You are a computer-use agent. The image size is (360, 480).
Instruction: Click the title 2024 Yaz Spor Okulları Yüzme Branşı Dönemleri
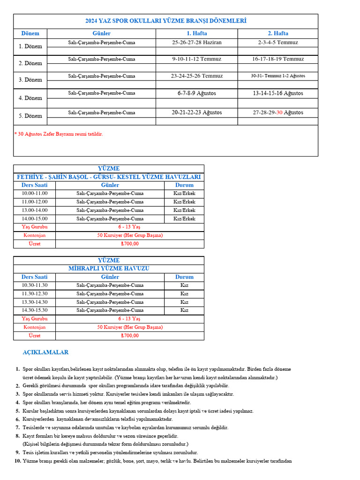click(x=165, y=21)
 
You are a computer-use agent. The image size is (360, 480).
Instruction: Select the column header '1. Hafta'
click(x=196, y=33)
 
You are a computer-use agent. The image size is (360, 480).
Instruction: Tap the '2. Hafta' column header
click(x=277, y=33)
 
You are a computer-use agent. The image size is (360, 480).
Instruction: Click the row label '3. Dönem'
click(x=30, y=80)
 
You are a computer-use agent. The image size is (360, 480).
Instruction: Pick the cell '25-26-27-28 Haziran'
click(x=196, y=42)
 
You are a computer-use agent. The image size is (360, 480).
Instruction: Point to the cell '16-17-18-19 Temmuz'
click(x=277, y=59)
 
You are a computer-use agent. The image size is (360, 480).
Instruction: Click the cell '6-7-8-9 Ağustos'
click(x=196, y=93)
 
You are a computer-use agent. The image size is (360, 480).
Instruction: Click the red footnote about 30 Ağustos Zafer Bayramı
click(x=59, y=134)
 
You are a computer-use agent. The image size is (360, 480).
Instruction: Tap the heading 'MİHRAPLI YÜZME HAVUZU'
click(x=109, y=269)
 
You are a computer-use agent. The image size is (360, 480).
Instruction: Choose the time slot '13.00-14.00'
click(x=34, y=210)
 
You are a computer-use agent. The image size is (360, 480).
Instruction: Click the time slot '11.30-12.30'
click(x=34, y=294)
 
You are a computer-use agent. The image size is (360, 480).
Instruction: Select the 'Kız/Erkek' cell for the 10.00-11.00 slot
click(x=184, y=194)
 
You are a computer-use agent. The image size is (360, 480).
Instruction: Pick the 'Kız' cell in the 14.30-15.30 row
click(x=184, y=310)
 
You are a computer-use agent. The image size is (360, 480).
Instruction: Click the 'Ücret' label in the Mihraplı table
click(x=34, y=336)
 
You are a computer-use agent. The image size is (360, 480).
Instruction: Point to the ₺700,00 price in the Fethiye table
click(x=130, y=244)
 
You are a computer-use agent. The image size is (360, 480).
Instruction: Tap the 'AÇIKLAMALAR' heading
click(x=45, y=352)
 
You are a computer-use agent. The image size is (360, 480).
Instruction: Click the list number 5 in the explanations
click(x=18, y=411)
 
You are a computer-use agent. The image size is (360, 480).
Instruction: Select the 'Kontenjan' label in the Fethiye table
click(x=34, y=235)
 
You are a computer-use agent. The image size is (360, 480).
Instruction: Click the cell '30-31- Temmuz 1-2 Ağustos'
click(x=277, y=76)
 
